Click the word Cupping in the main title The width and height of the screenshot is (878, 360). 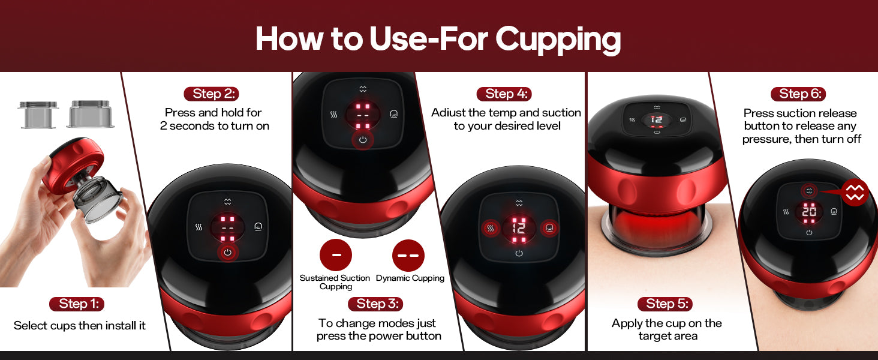coord(558,40)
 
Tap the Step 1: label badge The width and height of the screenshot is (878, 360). coord(77,304)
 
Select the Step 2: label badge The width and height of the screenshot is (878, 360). coord(211,94)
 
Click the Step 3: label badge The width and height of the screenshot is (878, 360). coord(375,304)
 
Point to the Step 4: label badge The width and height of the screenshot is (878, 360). coord(504,94)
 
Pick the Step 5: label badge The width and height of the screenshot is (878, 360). coord(664,304)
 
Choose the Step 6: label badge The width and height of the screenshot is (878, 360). coord(798,94)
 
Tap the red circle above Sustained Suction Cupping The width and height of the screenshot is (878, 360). coord(336,255)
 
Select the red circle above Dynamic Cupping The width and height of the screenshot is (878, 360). coord(408,255)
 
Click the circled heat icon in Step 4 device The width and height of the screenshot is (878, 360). coord(491,228)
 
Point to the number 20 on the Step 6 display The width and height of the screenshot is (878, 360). coord(809,212)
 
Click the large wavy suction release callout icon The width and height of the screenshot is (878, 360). coord(855,192)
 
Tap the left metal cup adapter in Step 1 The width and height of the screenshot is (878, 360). coord(38,115)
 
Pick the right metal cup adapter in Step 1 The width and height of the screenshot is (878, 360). coord(91,114)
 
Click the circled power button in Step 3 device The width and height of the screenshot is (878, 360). coord(363,140)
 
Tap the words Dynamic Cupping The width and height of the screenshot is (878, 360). coord(410,278)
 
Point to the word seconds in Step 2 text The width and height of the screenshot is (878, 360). coord(192,126)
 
